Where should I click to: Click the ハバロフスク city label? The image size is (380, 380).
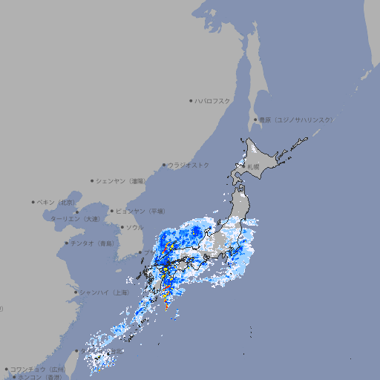214,100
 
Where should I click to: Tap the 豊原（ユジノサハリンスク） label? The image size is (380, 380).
295,119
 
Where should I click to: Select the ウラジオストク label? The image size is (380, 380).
189,165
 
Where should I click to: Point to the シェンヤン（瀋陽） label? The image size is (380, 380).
121,180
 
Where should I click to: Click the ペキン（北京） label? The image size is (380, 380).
58,202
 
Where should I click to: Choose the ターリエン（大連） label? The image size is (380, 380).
76,219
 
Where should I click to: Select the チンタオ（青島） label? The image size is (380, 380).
93,243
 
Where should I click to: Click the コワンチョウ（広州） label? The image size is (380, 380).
38,369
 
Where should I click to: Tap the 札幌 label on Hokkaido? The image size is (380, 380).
254,166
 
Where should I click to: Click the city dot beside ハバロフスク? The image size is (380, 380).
191,100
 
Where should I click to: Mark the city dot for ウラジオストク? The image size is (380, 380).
164,165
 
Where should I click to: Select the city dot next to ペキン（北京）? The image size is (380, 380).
33,202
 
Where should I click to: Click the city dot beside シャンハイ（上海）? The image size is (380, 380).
75,292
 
